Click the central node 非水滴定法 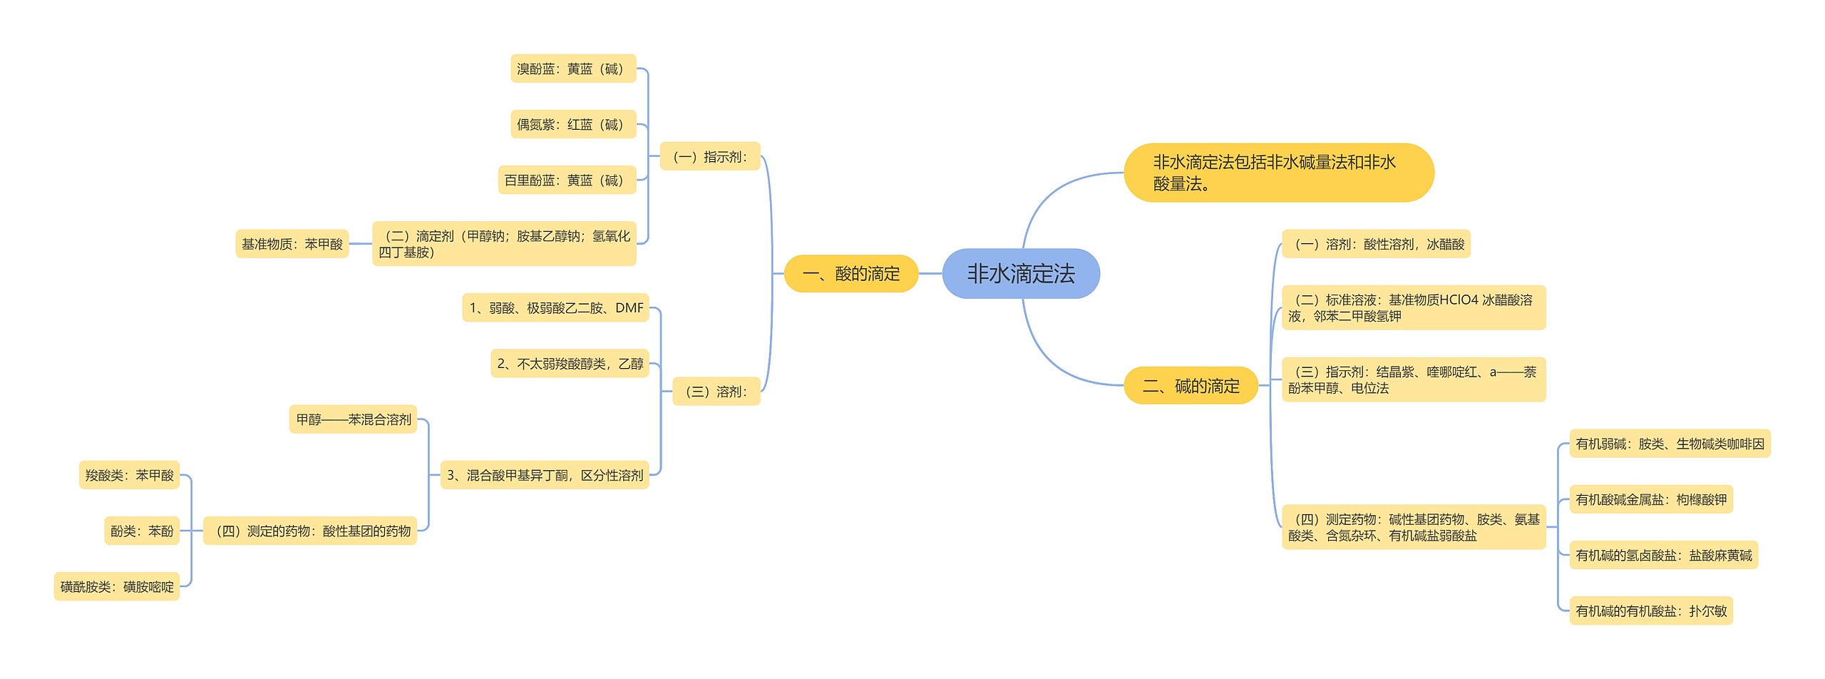(1020, 273)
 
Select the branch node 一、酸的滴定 (850, 273)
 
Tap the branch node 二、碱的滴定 (1191, 386)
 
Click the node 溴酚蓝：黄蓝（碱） (572, 68)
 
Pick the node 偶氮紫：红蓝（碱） (572, 124)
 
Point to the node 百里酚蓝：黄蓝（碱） (566, 180)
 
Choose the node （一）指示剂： (710, 156)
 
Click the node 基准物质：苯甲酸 (292, 244)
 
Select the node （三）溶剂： (716, 391)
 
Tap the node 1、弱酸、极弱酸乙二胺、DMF (555, 307)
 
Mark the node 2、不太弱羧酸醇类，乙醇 (570, 364)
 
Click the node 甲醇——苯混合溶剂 (353, 419)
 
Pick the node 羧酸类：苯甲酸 (129, 475)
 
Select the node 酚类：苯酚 (142, 531)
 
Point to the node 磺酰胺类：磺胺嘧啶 (117, 586)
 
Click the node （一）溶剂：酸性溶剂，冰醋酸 (1376, 244)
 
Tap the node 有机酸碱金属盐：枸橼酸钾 (1650, 499)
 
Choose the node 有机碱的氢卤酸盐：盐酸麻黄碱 (1663, 555)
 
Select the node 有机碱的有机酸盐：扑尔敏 (1650, 611)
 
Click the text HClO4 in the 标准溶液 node (1459, 300)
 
